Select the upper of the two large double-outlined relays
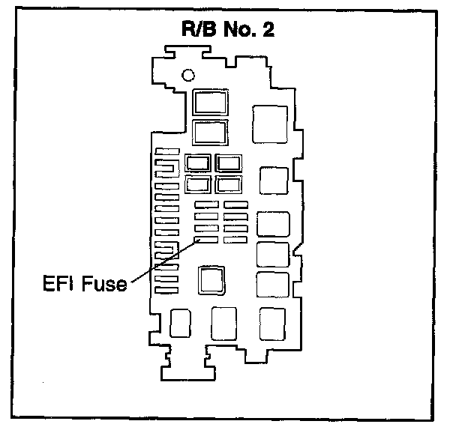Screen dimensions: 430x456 (x=210, y=103)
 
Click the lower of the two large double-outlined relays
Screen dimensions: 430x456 (x=210, y=133)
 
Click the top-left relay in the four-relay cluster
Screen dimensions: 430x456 (x=198, y=163)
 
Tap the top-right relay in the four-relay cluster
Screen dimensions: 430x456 (x=227, y=163)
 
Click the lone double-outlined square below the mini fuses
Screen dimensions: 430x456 (x=212, y=279)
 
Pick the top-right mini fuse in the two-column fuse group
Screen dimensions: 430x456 (x=235, y=204)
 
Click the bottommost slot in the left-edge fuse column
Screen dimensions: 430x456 (x=167, y=289)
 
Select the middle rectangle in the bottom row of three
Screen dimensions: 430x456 (x=223, y=323)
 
